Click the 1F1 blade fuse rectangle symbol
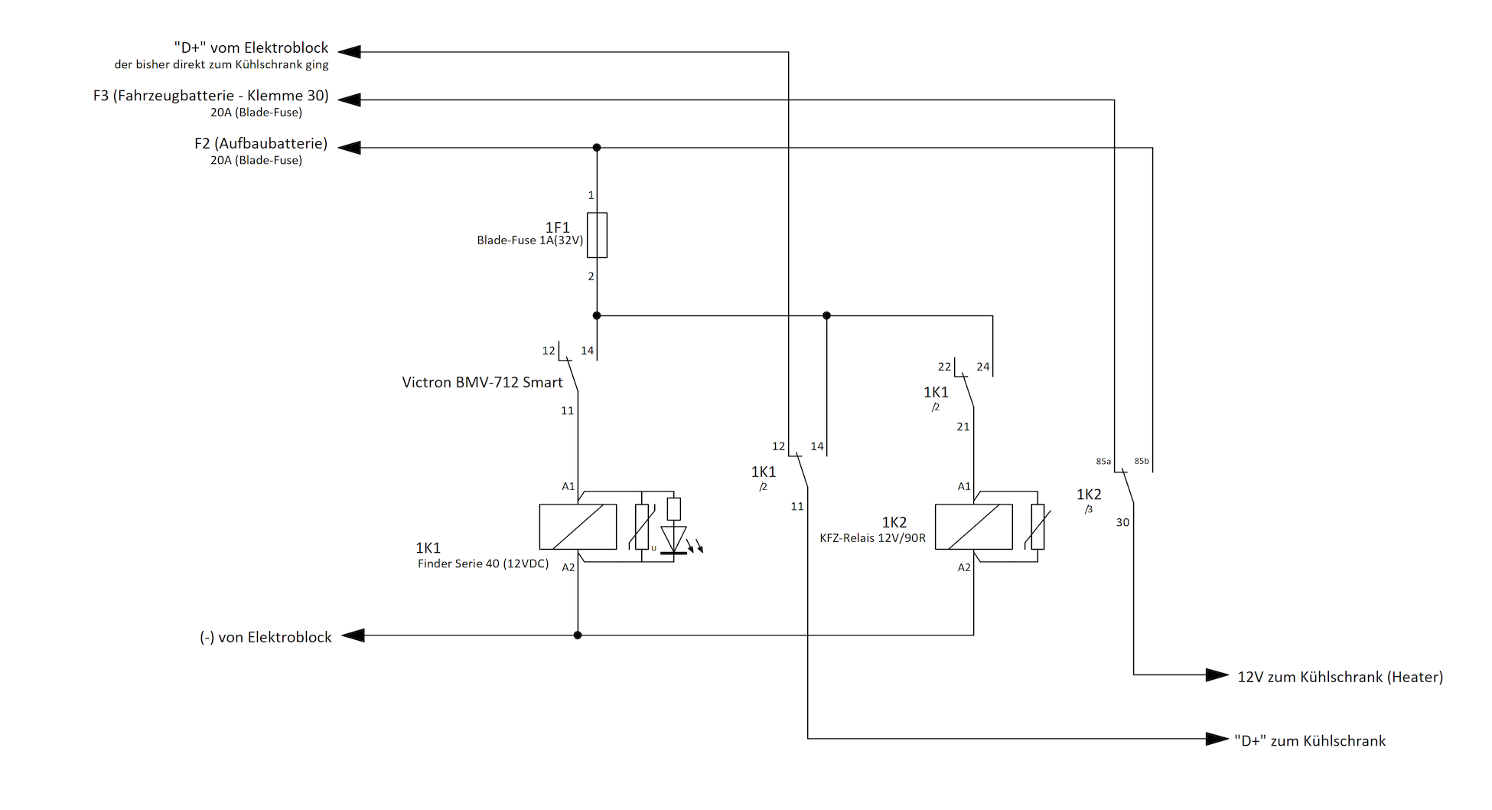597,235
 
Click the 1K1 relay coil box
578,527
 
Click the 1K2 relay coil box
974,527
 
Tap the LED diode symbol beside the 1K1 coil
674,539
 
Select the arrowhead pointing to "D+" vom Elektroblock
349,52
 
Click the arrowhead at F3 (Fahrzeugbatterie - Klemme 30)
349,100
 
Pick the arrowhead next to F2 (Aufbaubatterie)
349,147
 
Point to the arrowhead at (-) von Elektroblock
353,635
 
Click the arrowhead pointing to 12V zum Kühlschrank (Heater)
1217,674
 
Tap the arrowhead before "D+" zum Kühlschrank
1217,739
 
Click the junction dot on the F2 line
597,147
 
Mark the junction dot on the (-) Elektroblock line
578,635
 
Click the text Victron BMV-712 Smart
482,382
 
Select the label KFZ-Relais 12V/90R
872,538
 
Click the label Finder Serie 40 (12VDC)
483,563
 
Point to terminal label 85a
1103,462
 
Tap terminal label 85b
1142,461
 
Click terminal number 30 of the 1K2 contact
1122,522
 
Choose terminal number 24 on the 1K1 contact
983,367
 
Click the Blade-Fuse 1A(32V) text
530,240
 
